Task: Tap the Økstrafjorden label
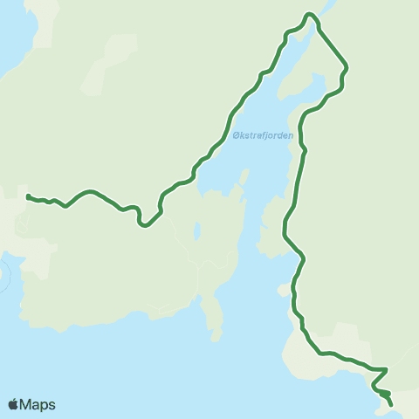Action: (x=263, y=135)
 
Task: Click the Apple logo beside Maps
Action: (x=13, y=404)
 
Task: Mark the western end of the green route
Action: (x=28, y=196)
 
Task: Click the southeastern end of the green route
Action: (x=390, y=404)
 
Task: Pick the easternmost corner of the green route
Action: (x=347, y=67)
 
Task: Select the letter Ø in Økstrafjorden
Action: (x=237, y=135)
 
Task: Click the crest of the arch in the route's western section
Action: (x=87, y=190)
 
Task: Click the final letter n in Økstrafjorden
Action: (x=290, y=135)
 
